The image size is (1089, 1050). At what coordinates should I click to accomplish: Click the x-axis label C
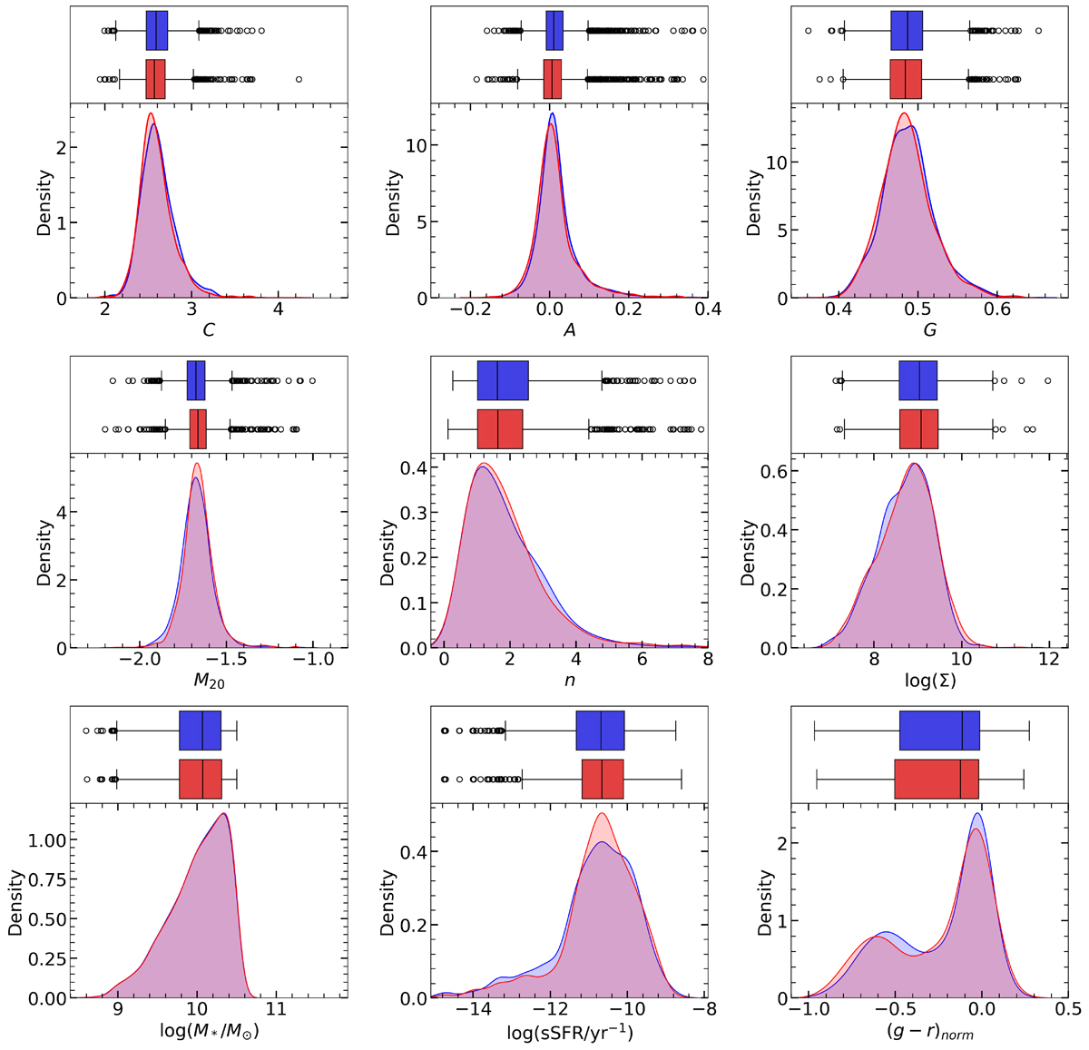[x=209, y=330]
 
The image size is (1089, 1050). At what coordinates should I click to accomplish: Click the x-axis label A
[x=570, y=330]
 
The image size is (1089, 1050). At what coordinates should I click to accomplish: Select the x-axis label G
[x=930, y=330]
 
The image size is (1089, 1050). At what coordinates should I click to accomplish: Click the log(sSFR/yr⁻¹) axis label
[x=570, y=1032]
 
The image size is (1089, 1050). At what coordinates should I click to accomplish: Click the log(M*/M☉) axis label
[x=209, y=1032]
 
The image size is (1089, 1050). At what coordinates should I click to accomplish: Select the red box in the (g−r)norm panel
[x=937, y=778]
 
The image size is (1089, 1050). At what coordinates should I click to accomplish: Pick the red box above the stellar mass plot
[x=201, y=778]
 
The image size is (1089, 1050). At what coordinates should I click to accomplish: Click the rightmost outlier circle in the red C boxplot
[x=299, y=80]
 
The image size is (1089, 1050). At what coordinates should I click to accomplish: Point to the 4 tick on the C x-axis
[x=278, y=309]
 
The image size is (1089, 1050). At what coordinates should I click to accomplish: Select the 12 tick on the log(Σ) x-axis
[x=1048, y=660]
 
